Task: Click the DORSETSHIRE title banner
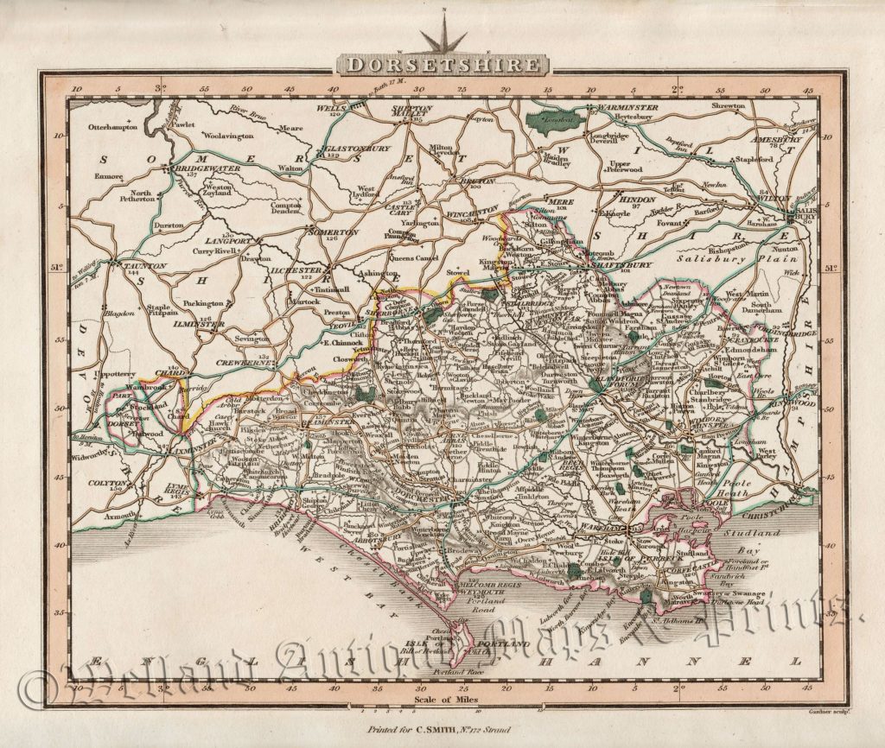pyautogui.click(x=442, y=65)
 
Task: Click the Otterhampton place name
pyautogui.click(x=112, y=127)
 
